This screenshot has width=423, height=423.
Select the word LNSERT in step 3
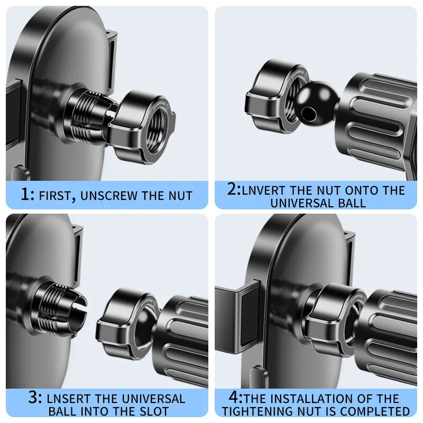(68, 399)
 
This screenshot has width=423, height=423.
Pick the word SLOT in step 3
(154, 411)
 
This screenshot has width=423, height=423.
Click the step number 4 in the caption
(235, 397)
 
